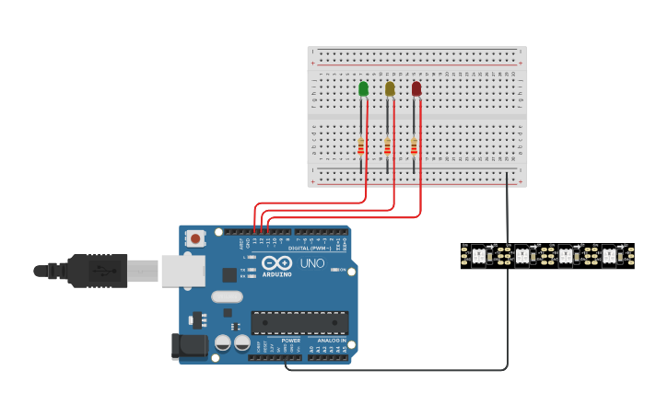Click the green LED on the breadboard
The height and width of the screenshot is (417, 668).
[363, 88]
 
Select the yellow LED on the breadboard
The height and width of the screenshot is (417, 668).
[390, 88]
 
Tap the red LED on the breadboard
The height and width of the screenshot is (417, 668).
[416, 88]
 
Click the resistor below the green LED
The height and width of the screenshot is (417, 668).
[361, 146]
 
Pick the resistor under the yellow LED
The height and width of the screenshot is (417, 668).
[388, 146]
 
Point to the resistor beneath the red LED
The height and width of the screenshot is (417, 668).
[414, 146]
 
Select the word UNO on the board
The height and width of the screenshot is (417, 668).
[313, 263]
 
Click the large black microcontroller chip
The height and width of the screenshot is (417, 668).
[300, 322]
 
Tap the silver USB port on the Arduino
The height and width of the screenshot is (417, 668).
[183, 271]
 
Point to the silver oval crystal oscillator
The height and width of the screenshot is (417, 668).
[227, 296]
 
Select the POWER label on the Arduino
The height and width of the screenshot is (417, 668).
[290, 341]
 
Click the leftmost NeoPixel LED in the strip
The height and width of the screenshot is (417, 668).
[478, 255]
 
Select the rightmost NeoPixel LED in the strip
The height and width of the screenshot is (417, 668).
[609, 255]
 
